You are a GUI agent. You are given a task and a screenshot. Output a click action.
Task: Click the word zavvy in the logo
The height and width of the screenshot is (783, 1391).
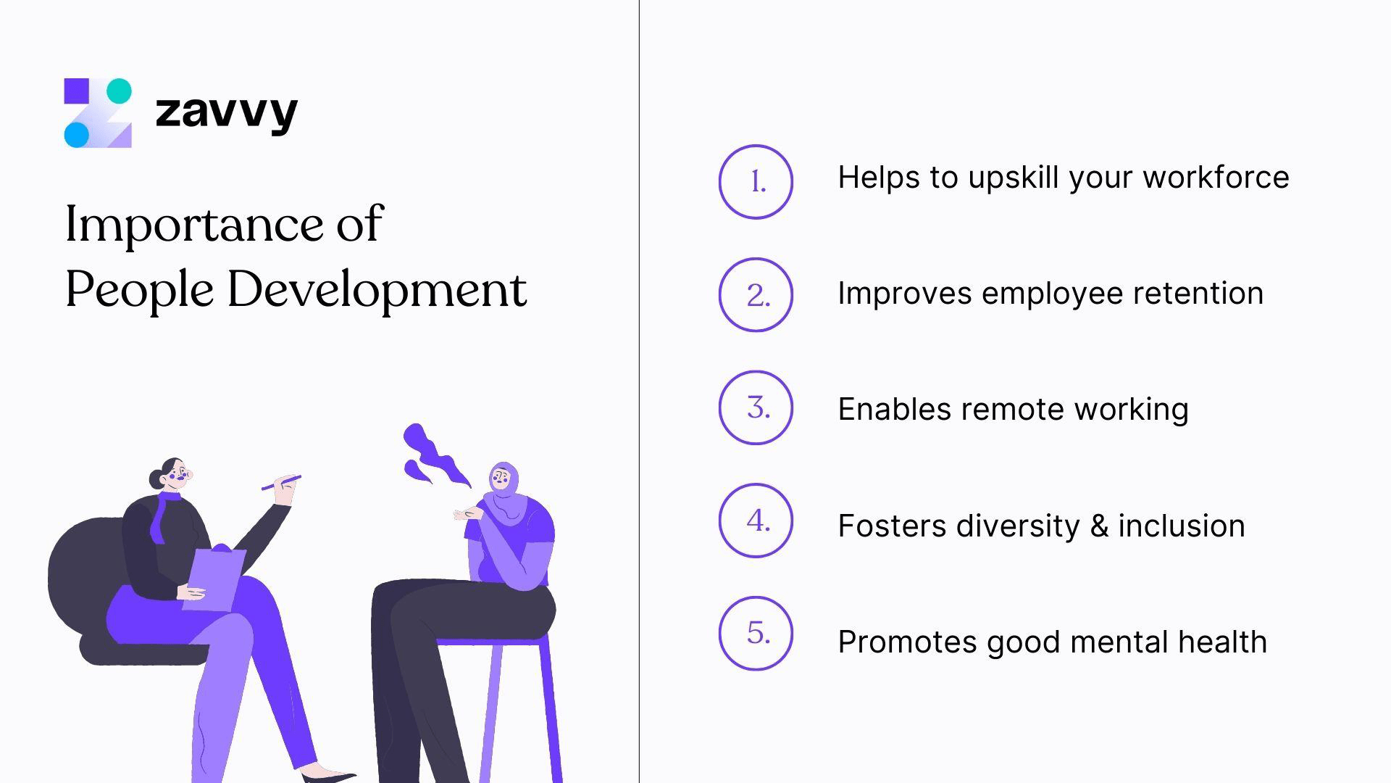pos(226,112)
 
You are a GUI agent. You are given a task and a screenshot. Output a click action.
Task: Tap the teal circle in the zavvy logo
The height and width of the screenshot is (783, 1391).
pos(119,91)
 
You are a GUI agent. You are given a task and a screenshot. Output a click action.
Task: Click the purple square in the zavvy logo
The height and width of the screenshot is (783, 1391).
pos(77,91)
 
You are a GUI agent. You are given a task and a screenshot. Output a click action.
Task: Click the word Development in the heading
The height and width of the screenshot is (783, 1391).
pos(377,290)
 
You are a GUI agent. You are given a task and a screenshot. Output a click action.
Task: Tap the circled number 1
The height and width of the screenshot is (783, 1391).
pos(756,182)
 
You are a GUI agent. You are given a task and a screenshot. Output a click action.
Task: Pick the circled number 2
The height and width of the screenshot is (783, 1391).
pos(756,295)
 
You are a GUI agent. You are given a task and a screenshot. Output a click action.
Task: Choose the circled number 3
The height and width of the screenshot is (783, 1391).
pos(756,408)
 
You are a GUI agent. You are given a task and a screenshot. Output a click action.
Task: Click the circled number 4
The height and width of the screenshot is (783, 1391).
pos(756,521)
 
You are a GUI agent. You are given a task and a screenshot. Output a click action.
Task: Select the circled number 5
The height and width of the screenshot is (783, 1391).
pos(756,634)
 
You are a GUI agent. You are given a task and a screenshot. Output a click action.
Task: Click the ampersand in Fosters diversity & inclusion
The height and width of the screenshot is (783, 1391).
pos(1099,526)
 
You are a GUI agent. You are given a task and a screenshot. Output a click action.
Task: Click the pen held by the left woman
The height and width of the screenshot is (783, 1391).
pos(281,482)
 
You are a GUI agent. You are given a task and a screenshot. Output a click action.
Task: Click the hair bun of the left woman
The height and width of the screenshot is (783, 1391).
pos(156,478)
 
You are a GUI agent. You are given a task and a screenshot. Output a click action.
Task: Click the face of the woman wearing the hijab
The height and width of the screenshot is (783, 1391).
pos(501,478)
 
